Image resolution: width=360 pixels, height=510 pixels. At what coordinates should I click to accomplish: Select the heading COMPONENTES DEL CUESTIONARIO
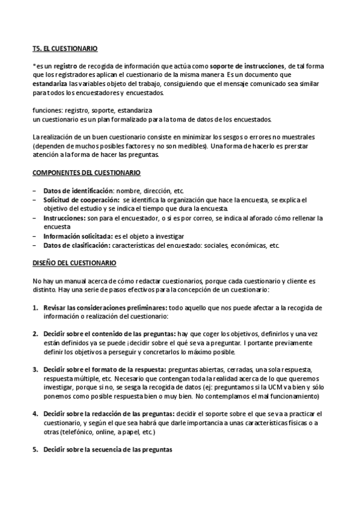click(87, 173)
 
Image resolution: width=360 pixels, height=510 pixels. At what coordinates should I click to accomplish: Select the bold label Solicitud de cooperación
click(80, 200)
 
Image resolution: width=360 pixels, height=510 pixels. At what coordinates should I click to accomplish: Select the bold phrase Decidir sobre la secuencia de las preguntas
click(108, 450)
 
